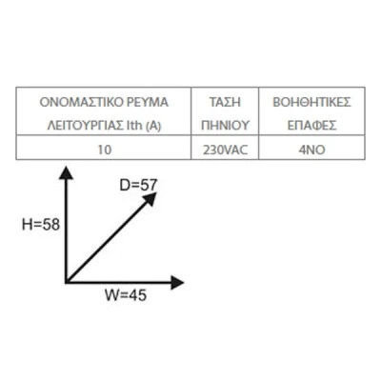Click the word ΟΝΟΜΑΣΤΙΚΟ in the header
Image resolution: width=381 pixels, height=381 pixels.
[x=80, y=102]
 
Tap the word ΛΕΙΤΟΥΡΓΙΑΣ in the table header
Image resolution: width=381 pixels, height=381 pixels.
[x=85, y=126]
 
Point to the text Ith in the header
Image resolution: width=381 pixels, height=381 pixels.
[x=134, y=126]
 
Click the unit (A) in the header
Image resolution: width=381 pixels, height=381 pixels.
[x=153, y=127]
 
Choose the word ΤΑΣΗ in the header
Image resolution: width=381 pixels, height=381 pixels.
[x=225, y=102]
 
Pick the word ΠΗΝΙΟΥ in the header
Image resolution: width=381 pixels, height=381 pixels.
[x=225, y=126]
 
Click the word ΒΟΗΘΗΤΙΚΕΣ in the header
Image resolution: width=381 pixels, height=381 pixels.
[x=311, y=102]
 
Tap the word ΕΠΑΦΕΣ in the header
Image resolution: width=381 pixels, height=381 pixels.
[x=311, y=126]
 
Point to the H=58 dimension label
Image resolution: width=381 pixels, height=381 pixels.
[x=41, y=225]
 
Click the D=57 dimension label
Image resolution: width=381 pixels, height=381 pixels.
[x=138, y=185]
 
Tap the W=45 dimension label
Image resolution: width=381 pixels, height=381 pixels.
[x=126, y=295]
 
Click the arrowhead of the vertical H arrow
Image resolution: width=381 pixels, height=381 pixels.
[x=67, y=171]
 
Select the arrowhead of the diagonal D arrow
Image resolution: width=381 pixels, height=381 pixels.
[x=150, y=199]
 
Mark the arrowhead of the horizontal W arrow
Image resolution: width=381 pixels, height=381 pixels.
[x=178, y=282]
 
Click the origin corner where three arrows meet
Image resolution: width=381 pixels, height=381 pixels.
[x=66, y=282]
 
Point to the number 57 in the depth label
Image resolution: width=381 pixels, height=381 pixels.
[x=149, y=185]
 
